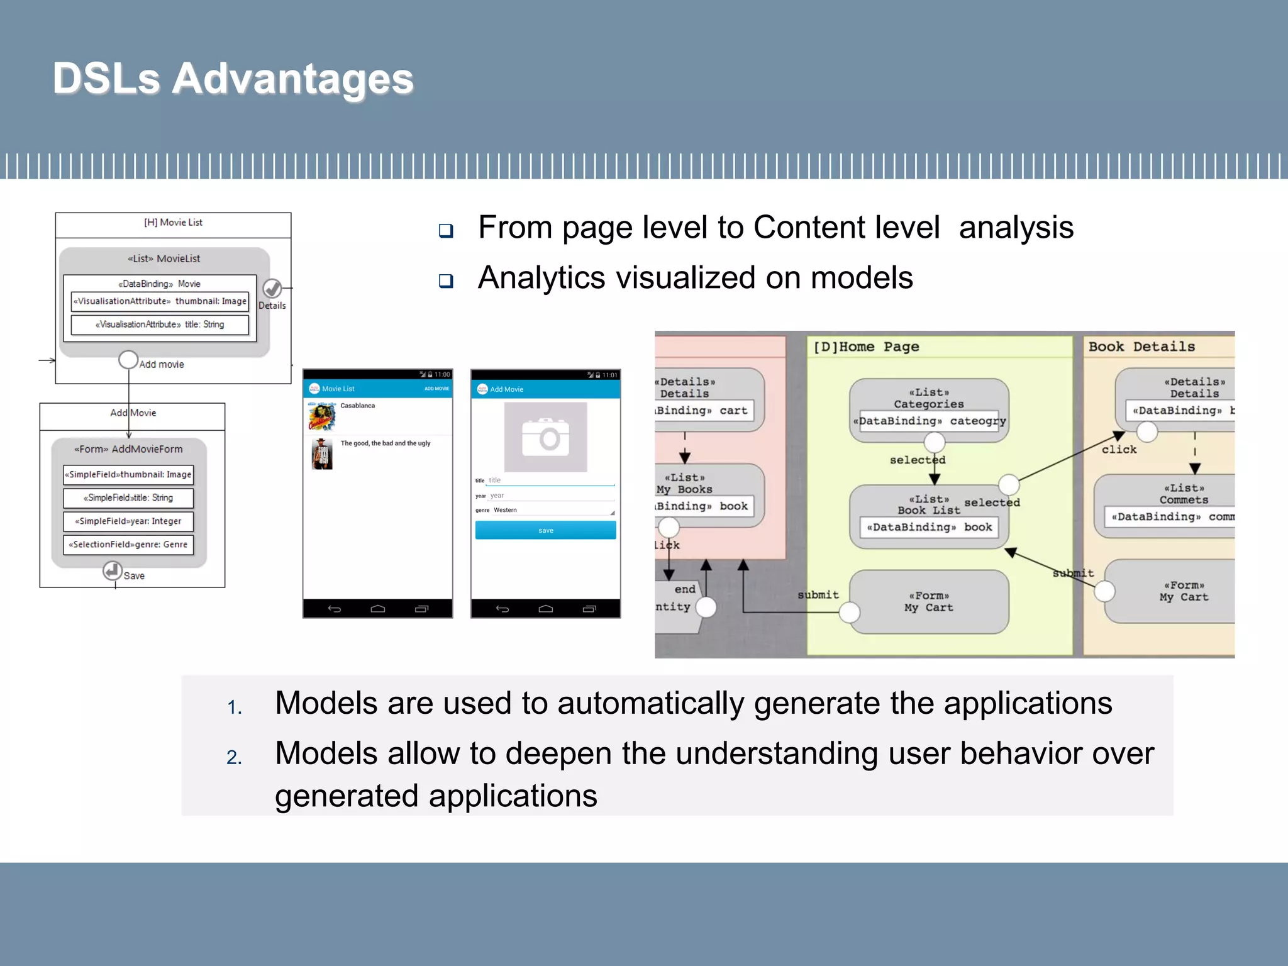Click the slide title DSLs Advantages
click(x=233, y=79)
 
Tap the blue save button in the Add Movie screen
click(x=545, y=530)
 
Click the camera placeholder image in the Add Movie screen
click(x=545, y=438)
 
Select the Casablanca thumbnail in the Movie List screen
click(x=321, y=416)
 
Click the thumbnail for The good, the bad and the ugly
click(x=321, y=454)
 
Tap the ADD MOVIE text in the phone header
click(x=436, y=389)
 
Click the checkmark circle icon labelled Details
click(x=272, y=289)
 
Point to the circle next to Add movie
click(x=128, y=360)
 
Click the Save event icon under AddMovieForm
click(x=113, y=571)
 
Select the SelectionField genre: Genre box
click(x=128, y=545)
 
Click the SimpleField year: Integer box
click(x=128, y=521)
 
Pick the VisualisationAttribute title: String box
click(x=160, y=325)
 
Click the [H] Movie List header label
click(x=173, y=223)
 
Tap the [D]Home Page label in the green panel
click(x=866, y=347)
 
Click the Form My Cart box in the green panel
click(x=929, y=602)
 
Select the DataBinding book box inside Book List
click(x=929, y=527)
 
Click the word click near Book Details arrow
click(x=1119, y=450)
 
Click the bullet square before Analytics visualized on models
click(x=446, y=280)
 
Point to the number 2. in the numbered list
click(x=234, y=757)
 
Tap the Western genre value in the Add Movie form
click(x=505, y=510)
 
